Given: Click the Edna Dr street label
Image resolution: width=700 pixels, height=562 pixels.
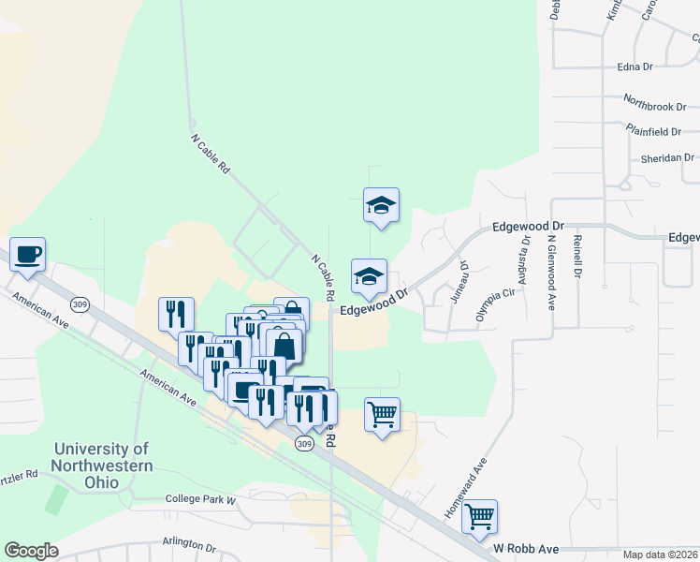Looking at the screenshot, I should point(634,67).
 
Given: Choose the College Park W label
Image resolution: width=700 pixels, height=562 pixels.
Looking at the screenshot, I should point(201,499).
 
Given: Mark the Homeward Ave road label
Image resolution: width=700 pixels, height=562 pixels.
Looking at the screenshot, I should point(467,488).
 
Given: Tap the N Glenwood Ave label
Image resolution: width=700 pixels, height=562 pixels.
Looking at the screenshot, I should point(552,272).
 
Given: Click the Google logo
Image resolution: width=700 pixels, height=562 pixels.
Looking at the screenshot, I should point(31,551).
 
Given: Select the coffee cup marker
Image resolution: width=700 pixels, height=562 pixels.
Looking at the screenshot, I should point(28,254).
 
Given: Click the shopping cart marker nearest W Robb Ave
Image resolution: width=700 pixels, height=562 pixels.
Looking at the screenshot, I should point(480,514).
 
